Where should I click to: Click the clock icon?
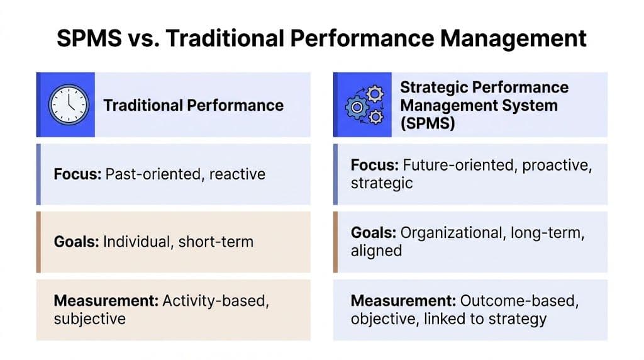coord(66,104)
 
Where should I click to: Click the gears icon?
coord(364,105)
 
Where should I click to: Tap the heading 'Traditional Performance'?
coord(193,105)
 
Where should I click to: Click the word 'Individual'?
coord(135,242)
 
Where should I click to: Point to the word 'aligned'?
coord(376,250)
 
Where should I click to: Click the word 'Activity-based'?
coord(216,301)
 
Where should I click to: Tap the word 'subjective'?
coord(90,318)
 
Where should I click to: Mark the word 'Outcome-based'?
coord(510,301)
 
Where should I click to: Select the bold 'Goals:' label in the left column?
coord(76,242)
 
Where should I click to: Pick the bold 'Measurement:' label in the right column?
coord(403,301)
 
